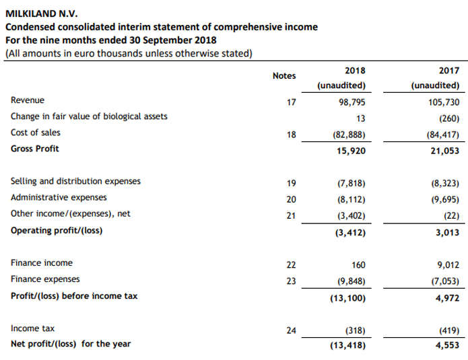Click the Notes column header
click(x=283, y=76)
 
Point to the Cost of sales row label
click(x=35, y=133)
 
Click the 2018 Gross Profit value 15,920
click(x=350, y=151)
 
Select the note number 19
click(x=291, y=182)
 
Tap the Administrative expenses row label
click(x=59, y=198)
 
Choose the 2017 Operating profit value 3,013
click(x=446, y=233)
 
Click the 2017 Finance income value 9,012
click(x=448, y=264)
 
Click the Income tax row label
click(x=33, y=328)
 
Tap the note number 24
click(x=291, y=330)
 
